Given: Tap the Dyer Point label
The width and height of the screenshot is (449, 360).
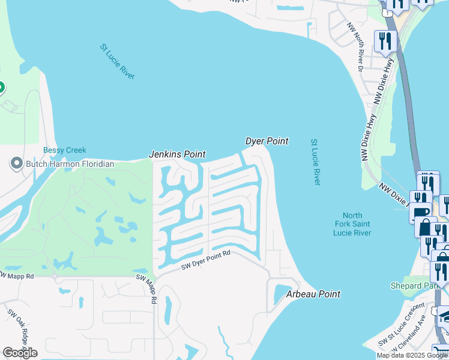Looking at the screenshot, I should pos(267,141).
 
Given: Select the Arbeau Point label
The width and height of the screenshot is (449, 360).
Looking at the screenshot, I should pos(313,294).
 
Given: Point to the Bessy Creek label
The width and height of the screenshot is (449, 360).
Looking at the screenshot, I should pos(65,150).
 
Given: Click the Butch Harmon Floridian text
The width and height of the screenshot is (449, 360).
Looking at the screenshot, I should pos(70,163).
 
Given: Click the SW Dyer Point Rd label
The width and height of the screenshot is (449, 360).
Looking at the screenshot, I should pos(205,262).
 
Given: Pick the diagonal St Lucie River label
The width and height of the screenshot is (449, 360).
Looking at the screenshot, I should pos(118,61).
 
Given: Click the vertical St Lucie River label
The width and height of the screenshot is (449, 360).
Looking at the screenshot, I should pos(315,162).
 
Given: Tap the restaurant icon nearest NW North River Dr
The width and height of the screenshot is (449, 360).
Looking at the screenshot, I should pos(384,41).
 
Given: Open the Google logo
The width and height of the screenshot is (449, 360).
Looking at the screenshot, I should pos(20,353).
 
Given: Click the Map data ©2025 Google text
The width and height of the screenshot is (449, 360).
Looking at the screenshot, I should pos(412,355).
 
